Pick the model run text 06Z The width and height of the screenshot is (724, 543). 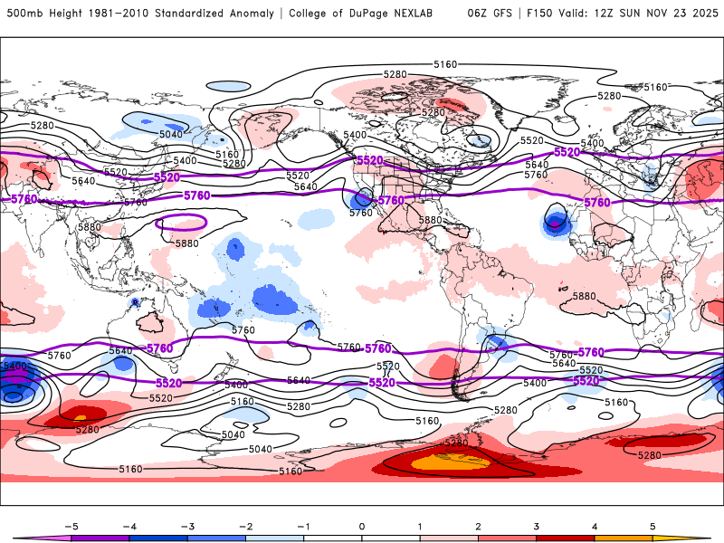[x=478, y=14]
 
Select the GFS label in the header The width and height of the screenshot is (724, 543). [x=504, y=14]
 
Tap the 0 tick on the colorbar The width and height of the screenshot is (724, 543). [x=362, y=525]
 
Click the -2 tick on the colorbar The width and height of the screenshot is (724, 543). [x=245, y=525]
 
